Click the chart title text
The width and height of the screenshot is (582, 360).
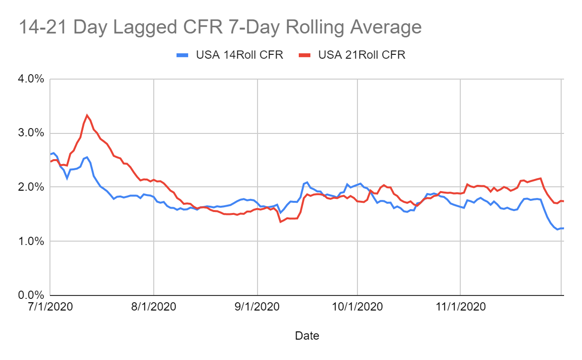coord(220,27)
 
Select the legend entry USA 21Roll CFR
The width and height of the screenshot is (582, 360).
coord(362,55)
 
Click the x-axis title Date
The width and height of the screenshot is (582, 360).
coord(307,335)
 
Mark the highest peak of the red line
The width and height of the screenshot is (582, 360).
coord(87,115)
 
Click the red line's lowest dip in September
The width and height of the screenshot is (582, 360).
coord(280,222)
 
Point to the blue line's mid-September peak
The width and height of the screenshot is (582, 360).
coord(307,182)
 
